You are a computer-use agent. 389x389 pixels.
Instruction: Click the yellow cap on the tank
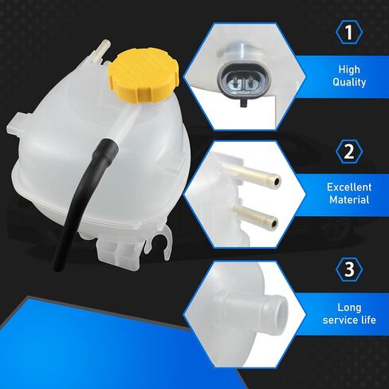point(143,76)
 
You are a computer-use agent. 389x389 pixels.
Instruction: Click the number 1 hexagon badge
point(349,32)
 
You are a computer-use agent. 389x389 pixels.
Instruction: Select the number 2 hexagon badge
point(349,151)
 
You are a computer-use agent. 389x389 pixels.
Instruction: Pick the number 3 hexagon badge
point(349,269)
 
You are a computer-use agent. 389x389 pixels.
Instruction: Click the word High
point(349,69)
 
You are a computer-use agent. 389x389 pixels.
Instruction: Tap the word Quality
point(349,82)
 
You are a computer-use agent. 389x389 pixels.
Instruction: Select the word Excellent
point(349,187)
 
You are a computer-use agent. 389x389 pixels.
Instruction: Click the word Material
point(349,199)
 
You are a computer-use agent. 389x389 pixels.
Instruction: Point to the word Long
point(349,308)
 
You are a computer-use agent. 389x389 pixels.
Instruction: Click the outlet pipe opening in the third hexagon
point(281,309)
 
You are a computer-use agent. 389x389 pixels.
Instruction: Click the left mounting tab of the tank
point(17,124)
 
